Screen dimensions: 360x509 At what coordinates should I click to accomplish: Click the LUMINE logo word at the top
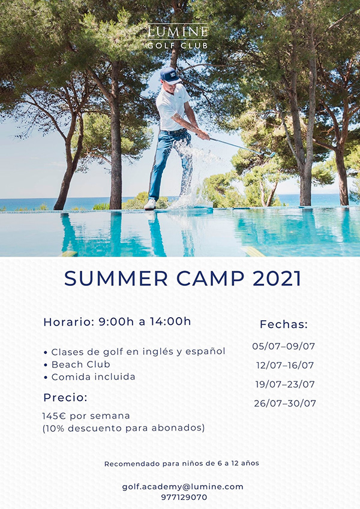pyautogui.click(x=178, y=32)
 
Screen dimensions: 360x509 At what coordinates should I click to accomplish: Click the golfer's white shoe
pyautogui.click(x=150, y=204)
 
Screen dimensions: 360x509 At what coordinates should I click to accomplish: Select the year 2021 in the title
pyautogui.click(x=277, y=279)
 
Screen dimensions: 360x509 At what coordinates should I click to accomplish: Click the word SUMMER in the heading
pyautogui.click(x=116, y=279)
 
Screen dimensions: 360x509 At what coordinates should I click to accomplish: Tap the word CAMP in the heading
pyautogui.click(x=210, y=279)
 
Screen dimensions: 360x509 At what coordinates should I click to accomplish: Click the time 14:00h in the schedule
pyautogui.click(x=170, y=321)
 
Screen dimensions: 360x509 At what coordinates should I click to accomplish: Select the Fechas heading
pyautogui.click(x=284, y=324)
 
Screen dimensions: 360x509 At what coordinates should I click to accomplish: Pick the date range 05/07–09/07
pyautogui.click(x=284, y=346)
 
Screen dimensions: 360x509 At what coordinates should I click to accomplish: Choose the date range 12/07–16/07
pyautogui.click(x=285, y=365)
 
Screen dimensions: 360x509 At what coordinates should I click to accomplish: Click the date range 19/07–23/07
pyautogui.click(x=285, y=384)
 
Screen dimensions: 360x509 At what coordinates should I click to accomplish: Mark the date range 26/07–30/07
pyautogui.click(x=285, y=403)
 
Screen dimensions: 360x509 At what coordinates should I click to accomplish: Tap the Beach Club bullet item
pyautogui.click(x=80, y=365)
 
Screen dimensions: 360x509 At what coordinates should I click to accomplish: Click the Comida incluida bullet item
pyautogui.click(x=93, y=377)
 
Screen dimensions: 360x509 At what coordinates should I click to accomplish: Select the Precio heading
pyautogui.click(x=65, y=397)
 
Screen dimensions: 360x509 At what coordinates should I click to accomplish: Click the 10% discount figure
pyautogui.click(x=55, y=428)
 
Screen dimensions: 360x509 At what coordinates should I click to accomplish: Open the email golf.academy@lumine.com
pyautogui.click(x=182, y=487)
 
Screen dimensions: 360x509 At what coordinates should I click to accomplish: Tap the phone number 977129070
pyautogui.click(x=184, y=497)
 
